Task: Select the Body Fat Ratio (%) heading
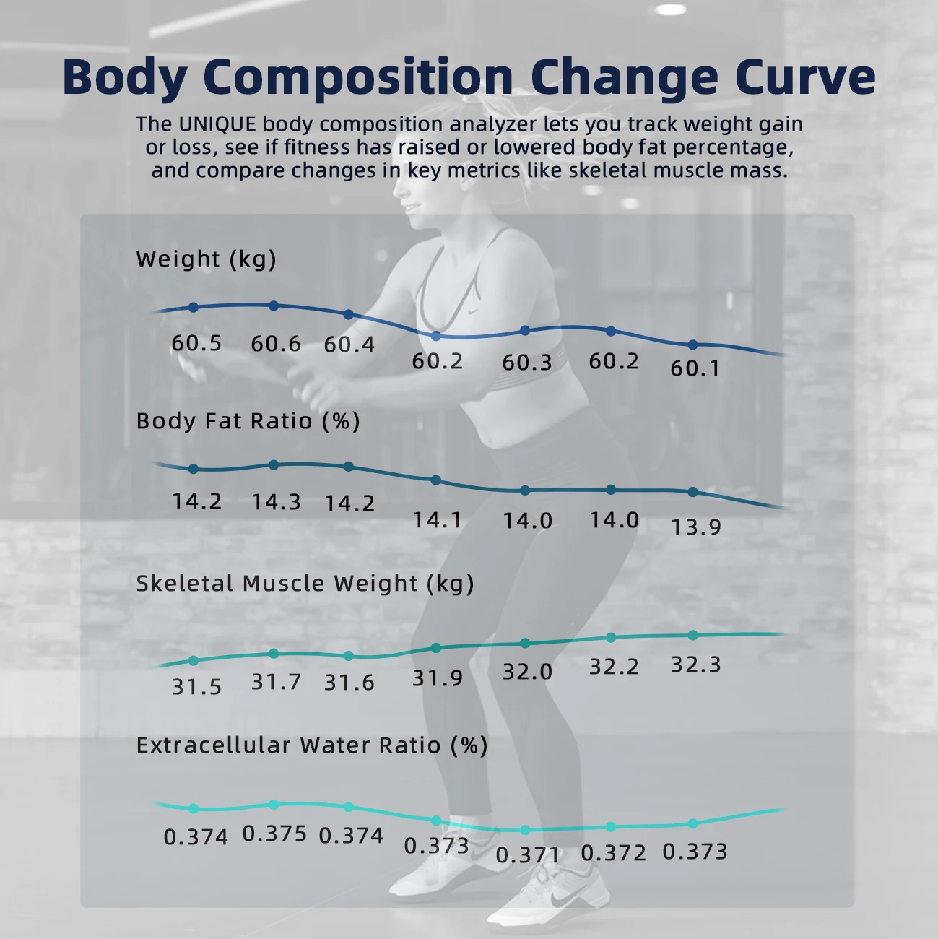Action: [248, 421]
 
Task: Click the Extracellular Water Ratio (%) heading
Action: [311, 745]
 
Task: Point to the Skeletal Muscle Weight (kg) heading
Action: [305, 584]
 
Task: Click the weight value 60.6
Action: [276, 344]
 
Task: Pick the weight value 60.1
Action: [695, 368]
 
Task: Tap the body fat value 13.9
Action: [695, 527]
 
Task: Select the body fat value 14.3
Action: [276, 502]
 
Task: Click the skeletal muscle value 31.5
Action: [196, 686]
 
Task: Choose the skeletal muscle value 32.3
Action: [695, 665]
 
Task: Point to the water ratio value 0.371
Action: [528, 855]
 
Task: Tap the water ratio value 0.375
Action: [274, 834]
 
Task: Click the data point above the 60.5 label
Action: [194, 307]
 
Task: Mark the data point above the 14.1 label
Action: [436, 480]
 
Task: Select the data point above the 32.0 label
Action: [525, 643]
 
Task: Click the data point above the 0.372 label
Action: [611, 827]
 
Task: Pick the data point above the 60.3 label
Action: [525, 331]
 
